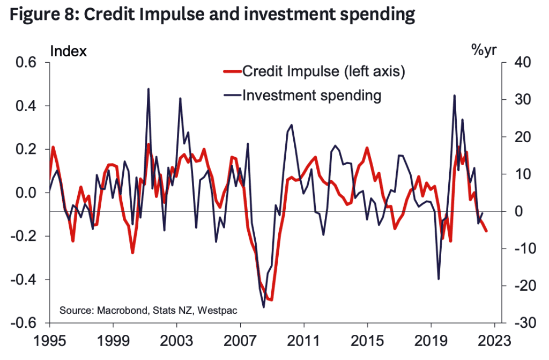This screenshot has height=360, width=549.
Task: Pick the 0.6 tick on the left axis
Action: tap(26, 63)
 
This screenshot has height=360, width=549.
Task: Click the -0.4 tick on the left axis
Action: tap(24, 280)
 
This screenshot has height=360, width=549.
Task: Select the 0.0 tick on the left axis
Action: tap(26, 193)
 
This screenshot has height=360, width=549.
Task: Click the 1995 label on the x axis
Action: tap(49, 341)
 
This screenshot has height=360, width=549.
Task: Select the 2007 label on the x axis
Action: tap(240, 341)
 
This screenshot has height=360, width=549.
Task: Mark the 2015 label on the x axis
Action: tap(367, 341)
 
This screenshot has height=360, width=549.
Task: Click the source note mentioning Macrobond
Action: tap(148, 311)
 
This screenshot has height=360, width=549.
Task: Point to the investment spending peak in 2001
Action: tap(148, 89)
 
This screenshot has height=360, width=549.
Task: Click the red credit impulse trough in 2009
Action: tap(271, 299)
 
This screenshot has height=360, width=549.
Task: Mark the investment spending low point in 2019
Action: tap(439, 278)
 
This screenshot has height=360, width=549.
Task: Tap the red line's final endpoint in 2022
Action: tap(486, 231)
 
